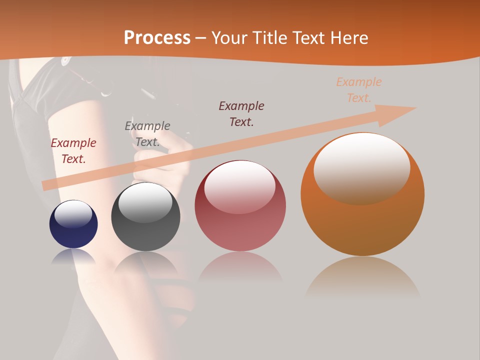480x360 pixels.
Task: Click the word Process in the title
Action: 157,38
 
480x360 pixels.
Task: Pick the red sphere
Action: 240,225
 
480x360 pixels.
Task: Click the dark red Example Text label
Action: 73,151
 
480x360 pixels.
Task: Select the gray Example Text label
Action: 147,134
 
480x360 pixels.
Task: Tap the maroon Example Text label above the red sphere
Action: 241,114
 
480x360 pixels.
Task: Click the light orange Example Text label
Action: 359,90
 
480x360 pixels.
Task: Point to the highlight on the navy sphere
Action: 73,212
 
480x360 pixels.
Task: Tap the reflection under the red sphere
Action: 240,270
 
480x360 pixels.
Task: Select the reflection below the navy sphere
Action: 73,257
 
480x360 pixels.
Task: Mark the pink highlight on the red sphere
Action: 240,186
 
